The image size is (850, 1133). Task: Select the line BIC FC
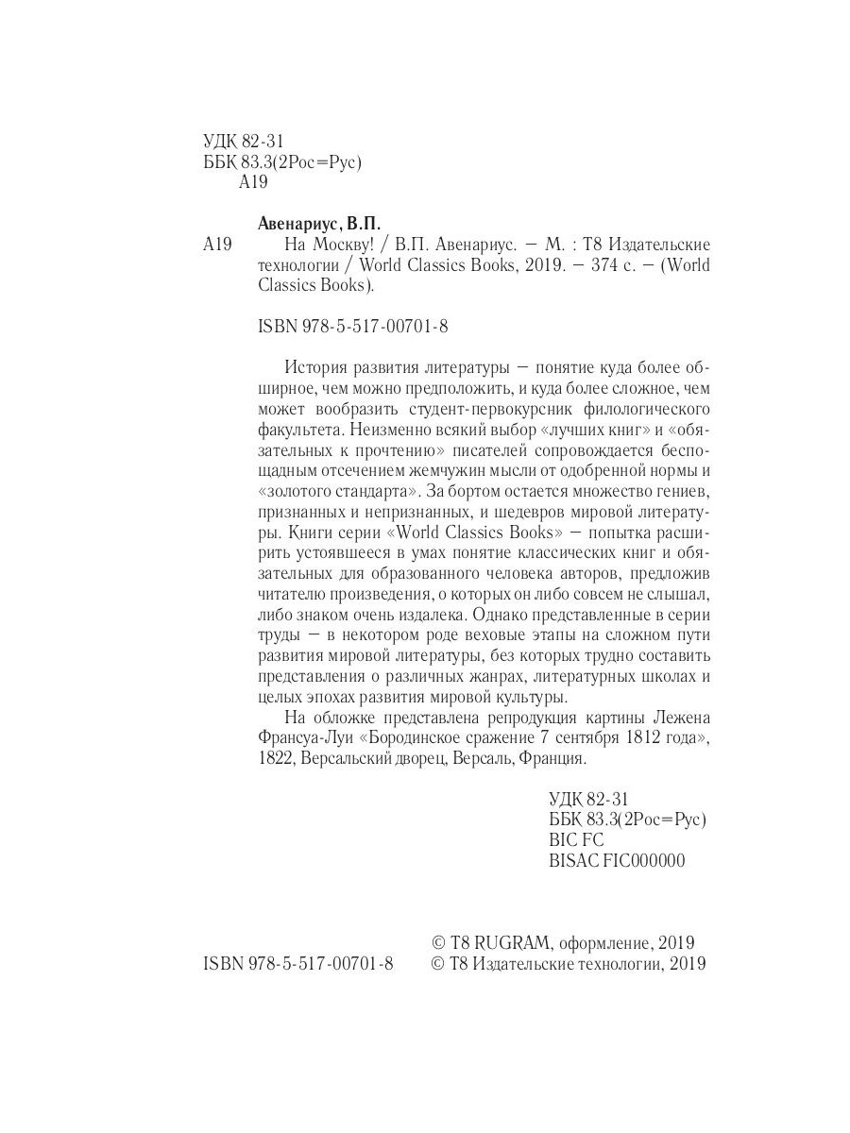(x=575, y=839)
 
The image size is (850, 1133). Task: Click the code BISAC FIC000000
(x=616, y=860)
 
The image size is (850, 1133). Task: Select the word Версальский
(x=346, y=758)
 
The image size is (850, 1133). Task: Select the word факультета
(x=298, y=431)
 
